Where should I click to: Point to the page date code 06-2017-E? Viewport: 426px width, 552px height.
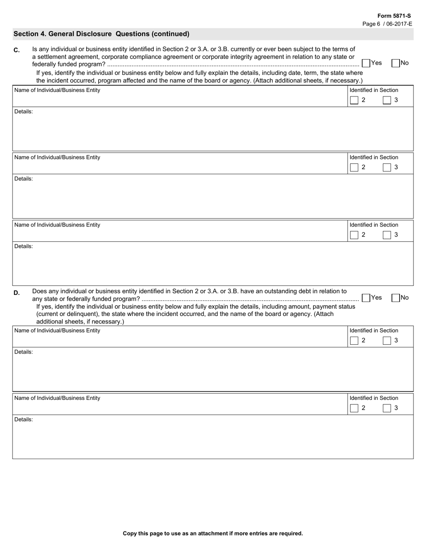click(399, 24)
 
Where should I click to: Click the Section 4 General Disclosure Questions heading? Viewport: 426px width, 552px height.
click(101, 34)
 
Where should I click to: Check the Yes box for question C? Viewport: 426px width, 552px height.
click(366, 63)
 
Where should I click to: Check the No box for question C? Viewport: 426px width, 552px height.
click(396, 63)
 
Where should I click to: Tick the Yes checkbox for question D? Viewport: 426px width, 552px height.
click(366, 298)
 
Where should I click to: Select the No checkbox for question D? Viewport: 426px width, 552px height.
click(396, 298)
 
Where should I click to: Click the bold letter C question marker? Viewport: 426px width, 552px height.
click(17, 50)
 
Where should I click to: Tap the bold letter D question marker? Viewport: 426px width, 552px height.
click(17, 293)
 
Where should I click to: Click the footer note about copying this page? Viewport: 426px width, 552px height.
click(213, 534)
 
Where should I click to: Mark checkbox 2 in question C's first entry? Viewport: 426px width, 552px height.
click(354, 100)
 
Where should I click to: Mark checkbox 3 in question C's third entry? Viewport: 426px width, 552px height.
click(387, 235)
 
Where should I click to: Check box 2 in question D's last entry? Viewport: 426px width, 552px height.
click(354, 408)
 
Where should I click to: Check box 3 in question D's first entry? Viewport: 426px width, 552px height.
click(387, 341)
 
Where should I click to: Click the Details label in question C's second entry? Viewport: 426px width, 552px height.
click(23, 179)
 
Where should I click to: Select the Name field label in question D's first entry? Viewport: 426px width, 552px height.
click(57, 331)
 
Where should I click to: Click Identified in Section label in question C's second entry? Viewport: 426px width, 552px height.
click(374, 158)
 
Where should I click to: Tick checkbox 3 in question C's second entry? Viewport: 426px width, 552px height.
click(387, 167)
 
